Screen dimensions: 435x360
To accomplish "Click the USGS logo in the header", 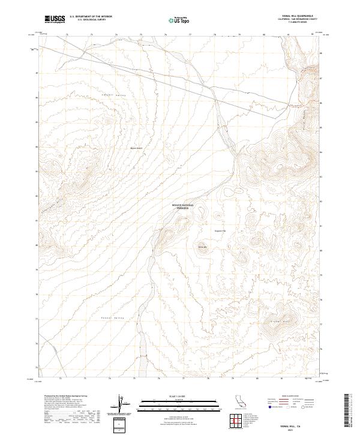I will coord(55,19).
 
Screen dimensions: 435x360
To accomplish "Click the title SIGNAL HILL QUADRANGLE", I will coord(293,16).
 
